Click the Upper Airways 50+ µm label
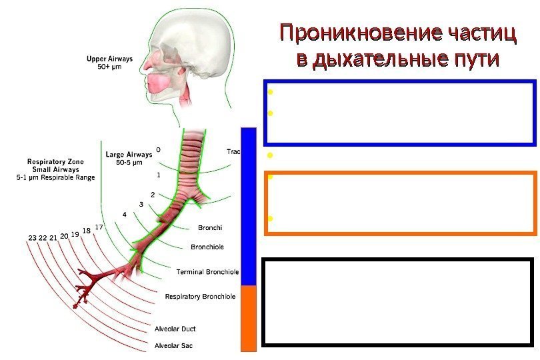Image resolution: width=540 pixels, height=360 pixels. [110, 63]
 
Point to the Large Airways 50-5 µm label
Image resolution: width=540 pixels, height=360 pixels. [129, 159]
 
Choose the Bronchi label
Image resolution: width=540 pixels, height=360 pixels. [209, 229]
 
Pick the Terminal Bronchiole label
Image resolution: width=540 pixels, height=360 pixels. [207, 272]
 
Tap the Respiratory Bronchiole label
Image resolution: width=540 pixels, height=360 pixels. [200, 296]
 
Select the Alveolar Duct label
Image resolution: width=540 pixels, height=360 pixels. [175, 329]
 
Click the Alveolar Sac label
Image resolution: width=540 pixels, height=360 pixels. [173, 345]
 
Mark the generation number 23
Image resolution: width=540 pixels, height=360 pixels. [33, 238]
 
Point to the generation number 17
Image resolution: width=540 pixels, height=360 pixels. [99, 227]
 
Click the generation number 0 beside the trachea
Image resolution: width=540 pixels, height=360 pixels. [158, 149]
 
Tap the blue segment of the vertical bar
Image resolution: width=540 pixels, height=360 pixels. [248, 207]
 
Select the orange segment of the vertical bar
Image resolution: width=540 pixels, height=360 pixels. [248, 317]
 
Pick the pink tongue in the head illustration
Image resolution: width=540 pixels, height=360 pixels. [159, 83]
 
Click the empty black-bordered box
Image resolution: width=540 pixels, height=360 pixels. [399, 303]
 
